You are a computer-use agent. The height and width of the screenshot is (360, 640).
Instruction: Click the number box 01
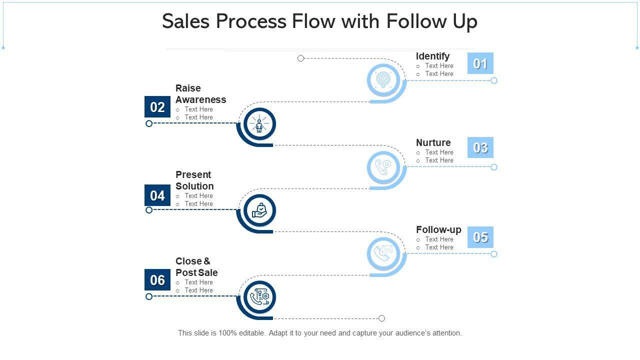[x=480, y=63]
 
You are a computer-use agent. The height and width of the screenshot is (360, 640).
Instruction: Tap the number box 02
[x=157, y=107]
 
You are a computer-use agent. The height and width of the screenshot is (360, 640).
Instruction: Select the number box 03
[x=480, y=147]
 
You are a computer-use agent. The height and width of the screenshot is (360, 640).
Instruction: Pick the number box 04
[x=157, y=195]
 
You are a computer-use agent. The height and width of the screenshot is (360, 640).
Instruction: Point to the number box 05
[x=480, y=237]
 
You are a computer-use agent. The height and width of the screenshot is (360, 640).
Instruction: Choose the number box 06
[x=157, y=280]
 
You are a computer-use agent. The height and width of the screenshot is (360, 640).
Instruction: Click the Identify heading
[x=432, y=56]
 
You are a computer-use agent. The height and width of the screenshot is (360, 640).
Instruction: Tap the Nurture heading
[x=433, y=142]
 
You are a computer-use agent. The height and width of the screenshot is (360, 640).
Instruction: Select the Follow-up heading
[x=438, y=229]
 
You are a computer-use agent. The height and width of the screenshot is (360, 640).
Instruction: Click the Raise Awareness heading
[x=200, y=94]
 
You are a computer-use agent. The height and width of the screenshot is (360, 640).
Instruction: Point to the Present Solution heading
[x=194, y=180]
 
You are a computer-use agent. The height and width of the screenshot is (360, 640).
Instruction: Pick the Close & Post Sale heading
[x=196, y=267]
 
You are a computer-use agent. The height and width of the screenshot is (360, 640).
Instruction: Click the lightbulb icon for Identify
[x=383, y=79]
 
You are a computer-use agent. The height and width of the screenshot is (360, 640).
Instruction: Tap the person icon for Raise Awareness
[x=259, y=123]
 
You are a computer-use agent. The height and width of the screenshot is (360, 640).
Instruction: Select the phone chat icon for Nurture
[x=383, y=166]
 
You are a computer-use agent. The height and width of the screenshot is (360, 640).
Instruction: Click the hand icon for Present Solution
[x=259, y=210]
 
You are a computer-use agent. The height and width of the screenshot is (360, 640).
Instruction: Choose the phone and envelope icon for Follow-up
[x=383, y=253]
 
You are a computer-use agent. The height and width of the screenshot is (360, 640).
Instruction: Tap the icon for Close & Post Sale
[x=259, y=297]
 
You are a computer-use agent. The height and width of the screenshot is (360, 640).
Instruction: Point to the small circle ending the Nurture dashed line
[x=494, y=167]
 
